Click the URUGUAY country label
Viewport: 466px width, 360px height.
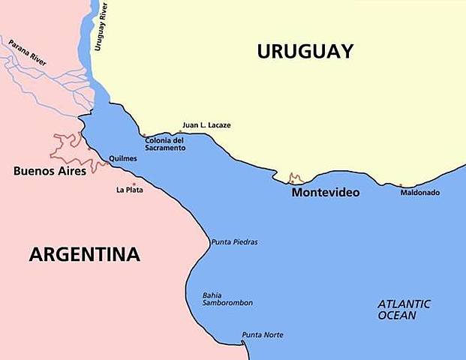pyautogui.click(x=305, y=51)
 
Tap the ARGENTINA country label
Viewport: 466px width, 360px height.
pyautogui.click(x=84, y=254)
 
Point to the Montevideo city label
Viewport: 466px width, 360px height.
pyautogui.click(x=325, y=193)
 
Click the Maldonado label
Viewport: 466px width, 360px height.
pyautogui.click(x=419, y=193)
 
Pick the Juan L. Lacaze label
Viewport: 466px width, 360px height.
pyautogui.click(x=206, y=124)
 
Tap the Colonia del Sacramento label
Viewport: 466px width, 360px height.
pyautogui.click(x=165, y=144)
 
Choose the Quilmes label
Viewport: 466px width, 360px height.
pyautogui.click(x=122, y=159)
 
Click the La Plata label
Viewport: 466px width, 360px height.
pyautogui.click(x=129, y=190)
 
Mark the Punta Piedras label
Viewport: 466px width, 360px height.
pyautogui.click(x=234, y=242)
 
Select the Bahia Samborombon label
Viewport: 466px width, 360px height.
pyautogui.click(x=227, y=298)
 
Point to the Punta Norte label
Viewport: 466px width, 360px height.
pyautogui.click(x=262, y=334)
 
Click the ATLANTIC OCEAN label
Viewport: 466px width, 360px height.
pyautogui.click(x=404, y=309)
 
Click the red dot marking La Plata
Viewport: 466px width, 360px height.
pyautogui.click(x=134, y=184)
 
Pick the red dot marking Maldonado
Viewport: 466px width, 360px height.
pyautogui.click(x=401, y=185)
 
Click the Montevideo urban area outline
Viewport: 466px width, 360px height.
pyautogui.click(x=296, y=178)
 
